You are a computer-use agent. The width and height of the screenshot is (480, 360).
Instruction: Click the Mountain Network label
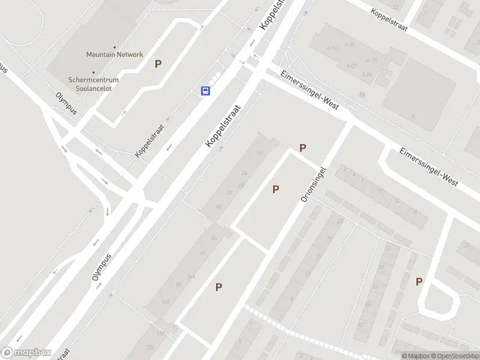click(x=115, y=55)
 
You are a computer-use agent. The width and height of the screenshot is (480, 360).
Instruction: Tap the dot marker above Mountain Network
click(x=115, y=47)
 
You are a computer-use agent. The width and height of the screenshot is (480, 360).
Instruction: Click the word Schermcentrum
click(x=94, y=80)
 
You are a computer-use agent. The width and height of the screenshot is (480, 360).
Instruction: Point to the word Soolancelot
click(x=94, y=88)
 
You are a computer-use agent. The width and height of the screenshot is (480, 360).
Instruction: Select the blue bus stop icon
click(x=205, y=91)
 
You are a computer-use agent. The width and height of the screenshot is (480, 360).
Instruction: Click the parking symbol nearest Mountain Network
click(x=158, y=64)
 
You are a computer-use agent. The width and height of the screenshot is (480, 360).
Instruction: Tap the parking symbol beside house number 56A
click(x=219, y=287)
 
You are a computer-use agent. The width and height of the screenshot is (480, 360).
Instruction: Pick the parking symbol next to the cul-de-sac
click(x=419, y=281)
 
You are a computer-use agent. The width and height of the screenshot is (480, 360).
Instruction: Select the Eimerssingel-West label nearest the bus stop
click(x=310, y=91)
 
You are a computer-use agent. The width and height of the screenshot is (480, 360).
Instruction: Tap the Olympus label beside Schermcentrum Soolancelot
click(x=66, y=103)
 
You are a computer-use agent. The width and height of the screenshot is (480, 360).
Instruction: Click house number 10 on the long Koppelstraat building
click(x=260, y=154)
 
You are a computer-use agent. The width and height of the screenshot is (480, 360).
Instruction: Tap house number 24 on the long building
click(x=244, y=173)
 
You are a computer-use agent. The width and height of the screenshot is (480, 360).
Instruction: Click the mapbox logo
click(x=26, y=353)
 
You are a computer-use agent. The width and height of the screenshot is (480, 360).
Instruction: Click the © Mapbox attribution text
click(x=415, y=356)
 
